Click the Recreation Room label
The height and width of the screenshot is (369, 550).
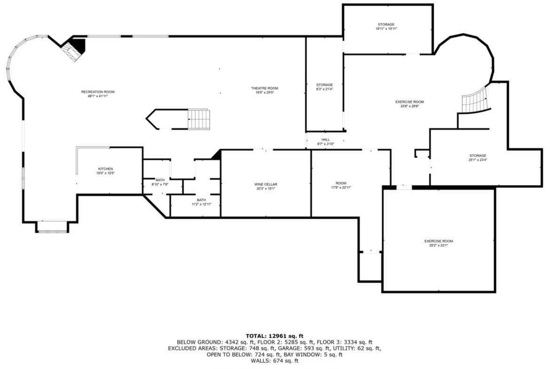pyautogui.click(x=98, y=92)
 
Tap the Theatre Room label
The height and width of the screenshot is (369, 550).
pyautogui.click(x=265, y=88)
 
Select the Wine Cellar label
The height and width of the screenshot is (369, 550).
pyautogui.click(x=266, y=184)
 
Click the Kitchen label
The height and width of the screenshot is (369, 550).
pyautogui.click(x=105, y=169)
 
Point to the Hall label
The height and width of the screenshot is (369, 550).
pyautogui.click(x=325, y=140)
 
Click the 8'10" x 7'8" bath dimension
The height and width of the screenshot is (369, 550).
pyautogui.click(x=160, y=184)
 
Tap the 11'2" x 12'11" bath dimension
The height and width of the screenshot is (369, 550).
pyautogui.click(x=201, y=204)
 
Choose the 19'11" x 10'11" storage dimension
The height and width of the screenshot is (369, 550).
pyautogui.click(x=386, y=29)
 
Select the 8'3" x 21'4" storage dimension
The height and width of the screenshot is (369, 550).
pyautogui.click(x=324, y=89)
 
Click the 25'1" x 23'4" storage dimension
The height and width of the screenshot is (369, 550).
pyautogui.click(x=478, y=160)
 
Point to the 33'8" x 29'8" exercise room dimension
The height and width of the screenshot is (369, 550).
pyautogui.click(x=410, y=106)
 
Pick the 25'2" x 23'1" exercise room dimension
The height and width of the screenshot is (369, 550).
pyautogui.click(x=439, y=245)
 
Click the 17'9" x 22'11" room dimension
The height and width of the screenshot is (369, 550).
pyautogui.click(x=341, y=187)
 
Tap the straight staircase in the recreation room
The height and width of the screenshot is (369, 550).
pyautogui.click(x=199, y=119)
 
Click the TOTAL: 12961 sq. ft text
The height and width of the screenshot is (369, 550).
pyautogui.click(x=275, y=336)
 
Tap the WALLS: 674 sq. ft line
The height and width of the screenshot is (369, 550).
pyautogui.click(x=275, y=361)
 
